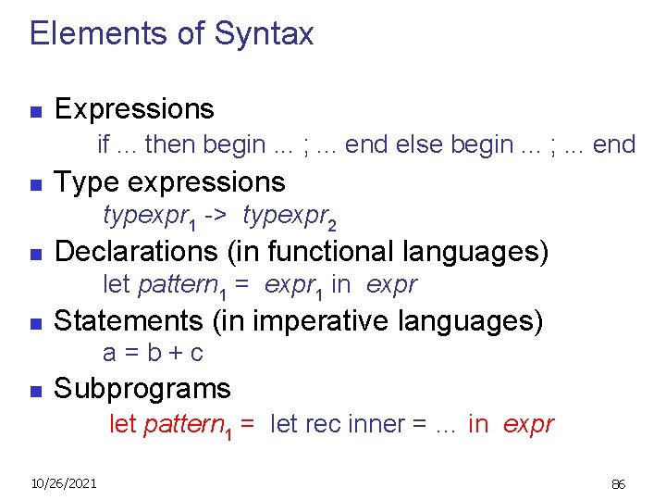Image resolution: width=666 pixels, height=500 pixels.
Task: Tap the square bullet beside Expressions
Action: [x=35, y=113]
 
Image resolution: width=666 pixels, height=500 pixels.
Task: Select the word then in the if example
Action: [x=171, y=144]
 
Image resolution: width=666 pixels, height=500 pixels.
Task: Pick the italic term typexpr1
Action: [x=148, y=217]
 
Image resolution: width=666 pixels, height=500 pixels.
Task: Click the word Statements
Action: [x=129, y=320]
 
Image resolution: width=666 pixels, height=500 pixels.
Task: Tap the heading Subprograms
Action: [x=142, y=388]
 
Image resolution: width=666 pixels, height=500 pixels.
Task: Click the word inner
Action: [x=377, y=424]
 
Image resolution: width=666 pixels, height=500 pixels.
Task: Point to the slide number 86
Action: [x=619, y=483]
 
